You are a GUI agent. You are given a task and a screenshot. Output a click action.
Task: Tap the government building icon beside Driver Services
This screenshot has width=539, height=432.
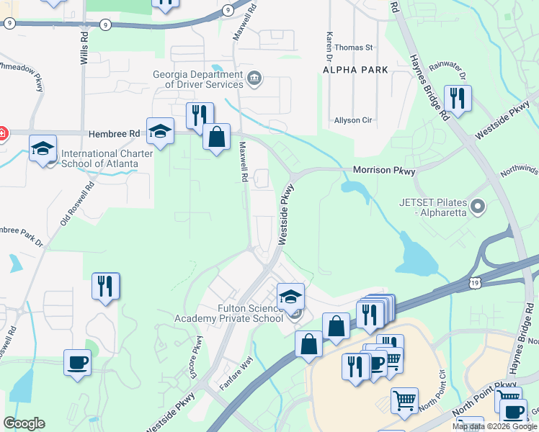[x=254, y=78]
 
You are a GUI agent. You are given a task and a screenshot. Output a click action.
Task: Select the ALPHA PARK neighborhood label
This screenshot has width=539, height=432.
[x=356, y=70]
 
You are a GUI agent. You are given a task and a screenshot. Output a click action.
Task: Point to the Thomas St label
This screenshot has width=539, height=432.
[x=353, y=48]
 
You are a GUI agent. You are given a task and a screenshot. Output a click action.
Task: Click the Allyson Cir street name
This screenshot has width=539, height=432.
[x=352, y=120]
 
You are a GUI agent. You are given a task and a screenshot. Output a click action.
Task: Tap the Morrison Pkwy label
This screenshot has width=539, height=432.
[x=384, y=171]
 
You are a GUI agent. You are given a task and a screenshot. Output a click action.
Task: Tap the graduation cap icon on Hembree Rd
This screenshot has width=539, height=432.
[x=160, y=132]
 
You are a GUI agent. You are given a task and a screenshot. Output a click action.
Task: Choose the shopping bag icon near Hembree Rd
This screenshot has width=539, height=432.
[x=216, y=135]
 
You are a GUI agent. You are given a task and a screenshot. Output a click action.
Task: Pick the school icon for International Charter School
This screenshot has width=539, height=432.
[x=43, y=148]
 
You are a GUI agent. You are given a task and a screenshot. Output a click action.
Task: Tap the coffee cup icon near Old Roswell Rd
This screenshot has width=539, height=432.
[x=77, y=362]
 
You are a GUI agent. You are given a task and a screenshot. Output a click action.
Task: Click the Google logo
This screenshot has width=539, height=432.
[x=24, y=423]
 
